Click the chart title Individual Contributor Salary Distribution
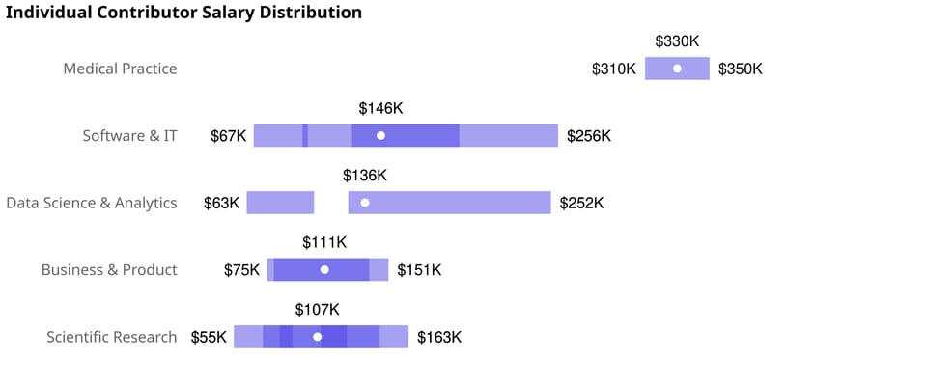[184, 13]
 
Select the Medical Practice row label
[120, 69]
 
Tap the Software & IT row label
[129, 136]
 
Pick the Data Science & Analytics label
[92, 203]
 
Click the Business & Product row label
[109, 270]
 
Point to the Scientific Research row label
[112, 337]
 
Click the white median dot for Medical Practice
[677, 69]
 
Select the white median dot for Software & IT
[380, 136]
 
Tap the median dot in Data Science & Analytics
[365, 203]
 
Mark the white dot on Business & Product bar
[324, 270]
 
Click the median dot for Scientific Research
[317, 337]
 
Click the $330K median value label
[677, 41]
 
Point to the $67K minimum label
[229, 136]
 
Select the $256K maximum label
[589, 136]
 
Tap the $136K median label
[365, 176]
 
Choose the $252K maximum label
[581, 203]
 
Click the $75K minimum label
[241, 270]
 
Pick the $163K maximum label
[439, 337]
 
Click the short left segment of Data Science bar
[280, 203]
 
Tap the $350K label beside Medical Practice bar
[740, 69]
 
